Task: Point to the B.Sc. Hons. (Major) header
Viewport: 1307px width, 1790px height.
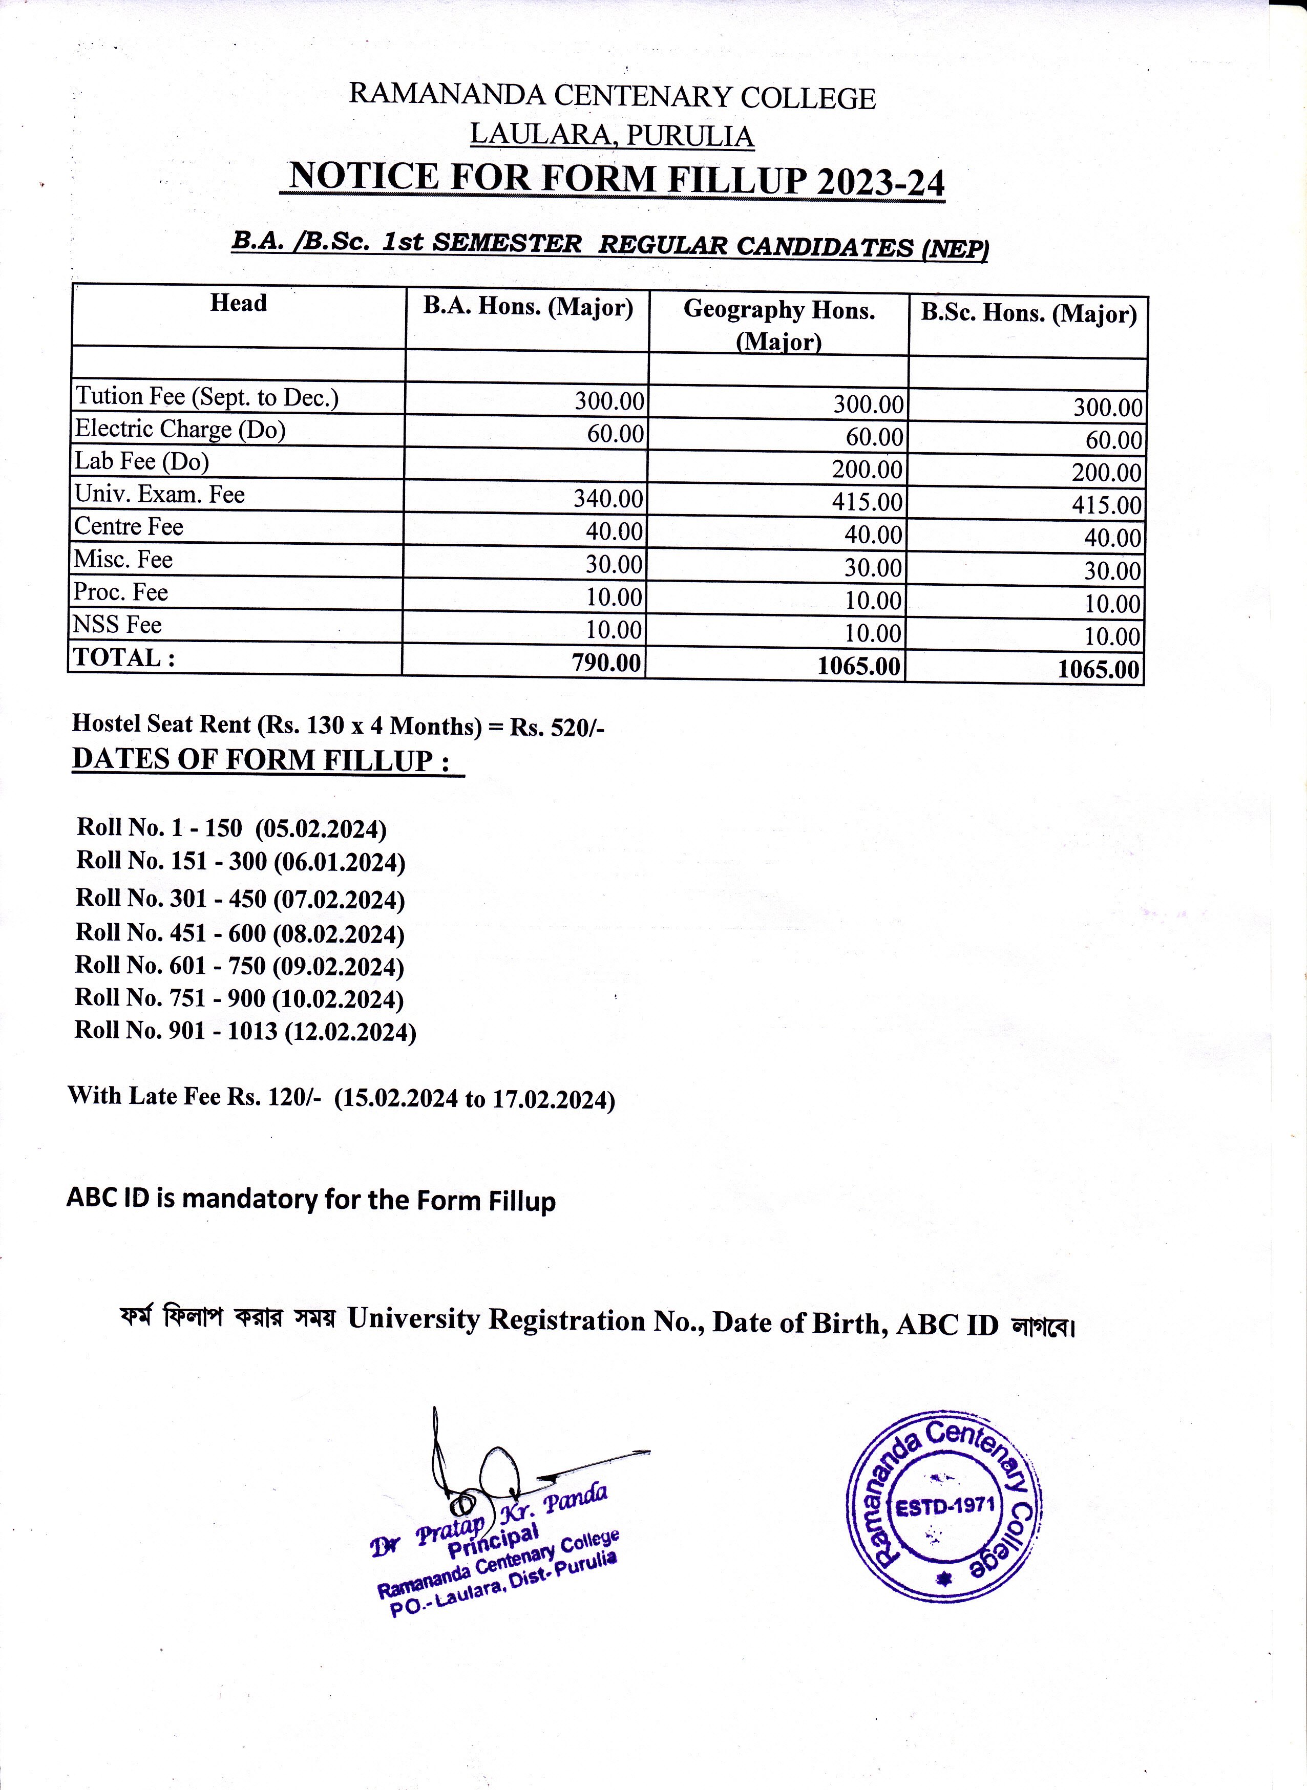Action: tap(1028, 314)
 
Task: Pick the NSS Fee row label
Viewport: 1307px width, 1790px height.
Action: tap(117, 625)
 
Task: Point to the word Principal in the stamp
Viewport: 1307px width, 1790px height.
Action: tap(492, 1539)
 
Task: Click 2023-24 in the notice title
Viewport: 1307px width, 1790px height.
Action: tap(880, 183)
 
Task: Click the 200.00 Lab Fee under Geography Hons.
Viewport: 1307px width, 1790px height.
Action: tap(867, 470)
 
